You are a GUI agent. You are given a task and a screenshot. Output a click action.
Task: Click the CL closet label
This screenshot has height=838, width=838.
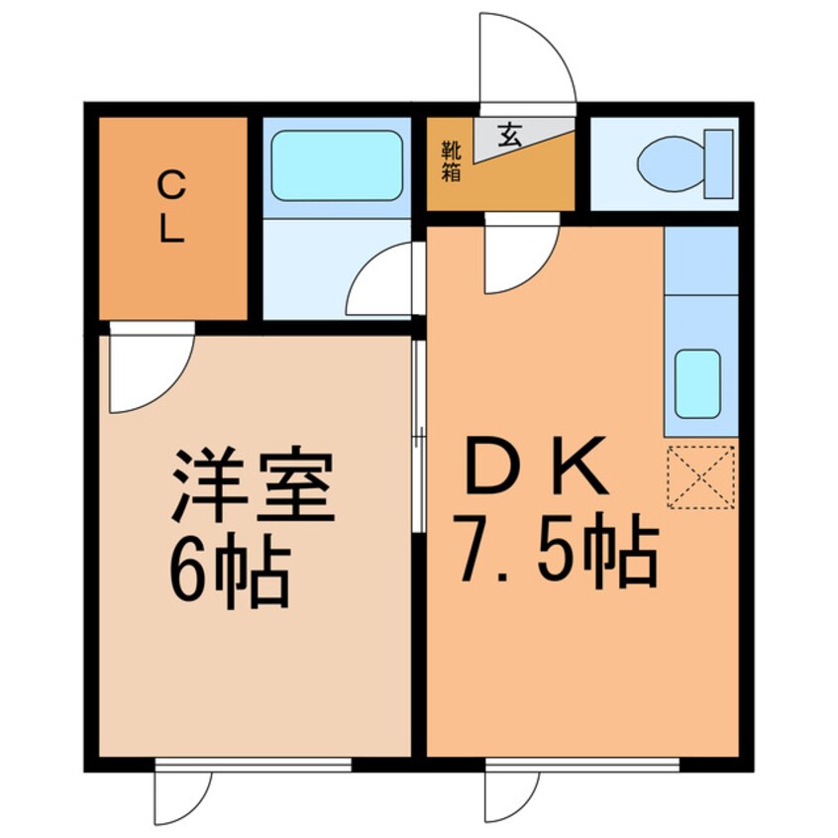point(171,208)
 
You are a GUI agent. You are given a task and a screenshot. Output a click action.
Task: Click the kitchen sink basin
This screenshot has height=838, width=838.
point(696,383)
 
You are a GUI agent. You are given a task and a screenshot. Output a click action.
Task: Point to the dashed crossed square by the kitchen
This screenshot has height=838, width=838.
point(701,476)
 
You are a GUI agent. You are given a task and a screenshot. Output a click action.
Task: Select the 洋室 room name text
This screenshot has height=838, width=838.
point(253,488)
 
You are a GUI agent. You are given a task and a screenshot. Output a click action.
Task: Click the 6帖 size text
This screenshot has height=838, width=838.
point(229,575)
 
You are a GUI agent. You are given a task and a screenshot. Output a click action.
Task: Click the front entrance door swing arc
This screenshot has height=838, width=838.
point(535,54)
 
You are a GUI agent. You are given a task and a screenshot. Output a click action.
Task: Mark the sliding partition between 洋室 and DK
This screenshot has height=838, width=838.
point(418,436)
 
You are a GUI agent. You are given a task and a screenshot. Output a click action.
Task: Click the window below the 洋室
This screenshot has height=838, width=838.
point(254,764)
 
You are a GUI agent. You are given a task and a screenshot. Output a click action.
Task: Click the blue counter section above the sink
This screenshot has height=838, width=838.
point(701,260)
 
